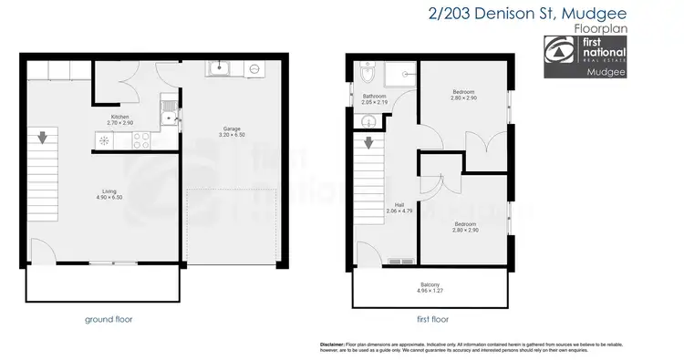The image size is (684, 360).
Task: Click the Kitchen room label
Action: coord(119,117)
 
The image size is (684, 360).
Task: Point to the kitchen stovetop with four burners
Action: coord(142,140)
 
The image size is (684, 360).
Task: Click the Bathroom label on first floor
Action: coord(375,96)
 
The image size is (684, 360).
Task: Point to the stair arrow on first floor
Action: coord(368,143)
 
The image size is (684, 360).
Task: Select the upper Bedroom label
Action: coord(463,94)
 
